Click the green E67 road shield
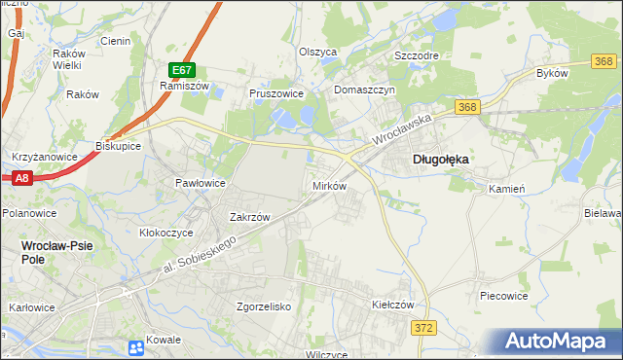[x=182, y=70]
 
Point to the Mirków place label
[x=329, y=185]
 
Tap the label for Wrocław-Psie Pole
[x=57, y=247]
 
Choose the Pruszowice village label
[x=277, y=94]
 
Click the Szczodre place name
[x=416, y=55]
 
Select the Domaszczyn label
[x=362, y=90]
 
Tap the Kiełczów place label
[x=393, y=305]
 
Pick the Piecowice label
[x=503, y=294]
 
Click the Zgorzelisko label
[x=264, y=306]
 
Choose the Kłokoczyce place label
[x=169, y=234]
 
